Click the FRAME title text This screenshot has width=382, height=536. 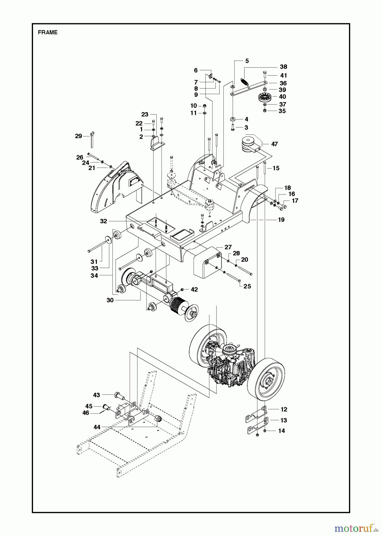click(x=48, y=33)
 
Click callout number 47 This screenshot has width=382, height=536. click(x=274, y=144)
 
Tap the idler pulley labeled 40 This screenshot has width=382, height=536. click(x=263, y=97)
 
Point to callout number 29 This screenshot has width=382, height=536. click(x=78, y=136)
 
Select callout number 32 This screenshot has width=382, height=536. click(x=103, y=221)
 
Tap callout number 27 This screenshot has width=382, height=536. click(x=228, y=247)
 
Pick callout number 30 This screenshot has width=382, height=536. click(x=110, y=300)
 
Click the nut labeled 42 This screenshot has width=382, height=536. click(x=182, y=289)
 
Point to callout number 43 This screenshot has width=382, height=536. click(x=96, y=395)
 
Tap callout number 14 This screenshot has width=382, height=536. click(x=281, y=431)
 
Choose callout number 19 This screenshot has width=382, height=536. click(x=281, y=220)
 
